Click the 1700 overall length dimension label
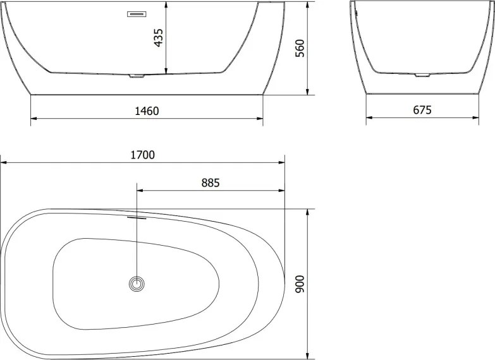coord(143,155)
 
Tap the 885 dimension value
coord(211,183)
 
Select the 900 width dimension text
coord(300,284)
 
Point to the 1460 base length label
coord(147,111)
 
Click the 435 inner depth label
coord(159,37)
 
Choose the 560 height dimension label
coord(300,48)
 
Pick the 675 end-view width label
coord(422,110)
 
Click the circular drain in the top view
coord(137,284)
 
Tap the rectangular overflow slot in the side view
coord(137,14)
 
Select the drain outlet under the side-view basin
coord(137,76)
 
